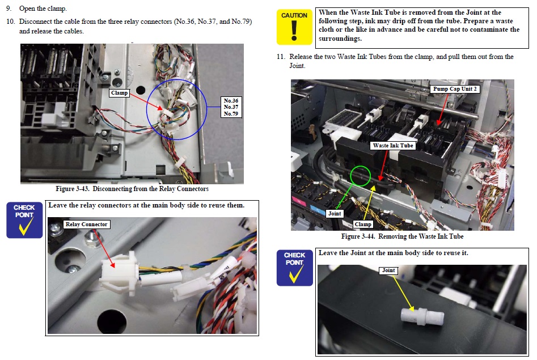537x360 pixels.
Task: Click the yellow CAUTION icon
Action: pos(294,27)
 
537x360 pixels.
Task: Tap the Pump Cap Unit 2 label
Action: pos(455,89)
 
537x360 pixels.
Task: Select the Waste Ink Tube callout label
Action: pos(393,146)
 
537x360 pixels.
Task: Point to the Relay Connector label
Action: pos(86,225)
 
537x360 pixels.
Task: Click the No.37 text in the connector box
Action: pos(231,107)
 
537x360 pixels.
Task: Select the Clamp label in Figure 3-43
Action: pos(119,93)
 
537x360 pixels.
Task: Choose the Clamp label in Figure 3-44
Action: pos(363,225)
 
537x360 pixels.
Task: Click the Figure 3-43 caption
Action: pos(132,189)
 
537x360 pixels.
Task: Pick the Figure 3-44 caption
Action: pos(403,236)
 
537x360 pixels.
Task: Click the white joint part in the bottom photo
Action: pos(422,316)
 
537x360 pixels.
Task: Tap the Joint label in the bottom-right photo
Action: pos(388,270)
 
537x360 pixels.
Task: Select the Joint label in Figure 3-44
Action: pos(335,214)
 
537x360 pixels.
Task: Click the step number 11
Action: pos(281,57)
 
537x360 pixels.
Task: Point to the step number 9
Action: pos(9,9)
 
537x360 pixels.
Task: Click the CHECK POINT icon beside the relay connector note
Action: pos(24,220)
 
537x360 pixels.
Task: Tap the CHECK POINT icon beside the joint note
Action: pos(294,268)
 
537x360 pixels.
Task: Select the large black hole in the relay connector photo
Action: pos(112,321)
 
